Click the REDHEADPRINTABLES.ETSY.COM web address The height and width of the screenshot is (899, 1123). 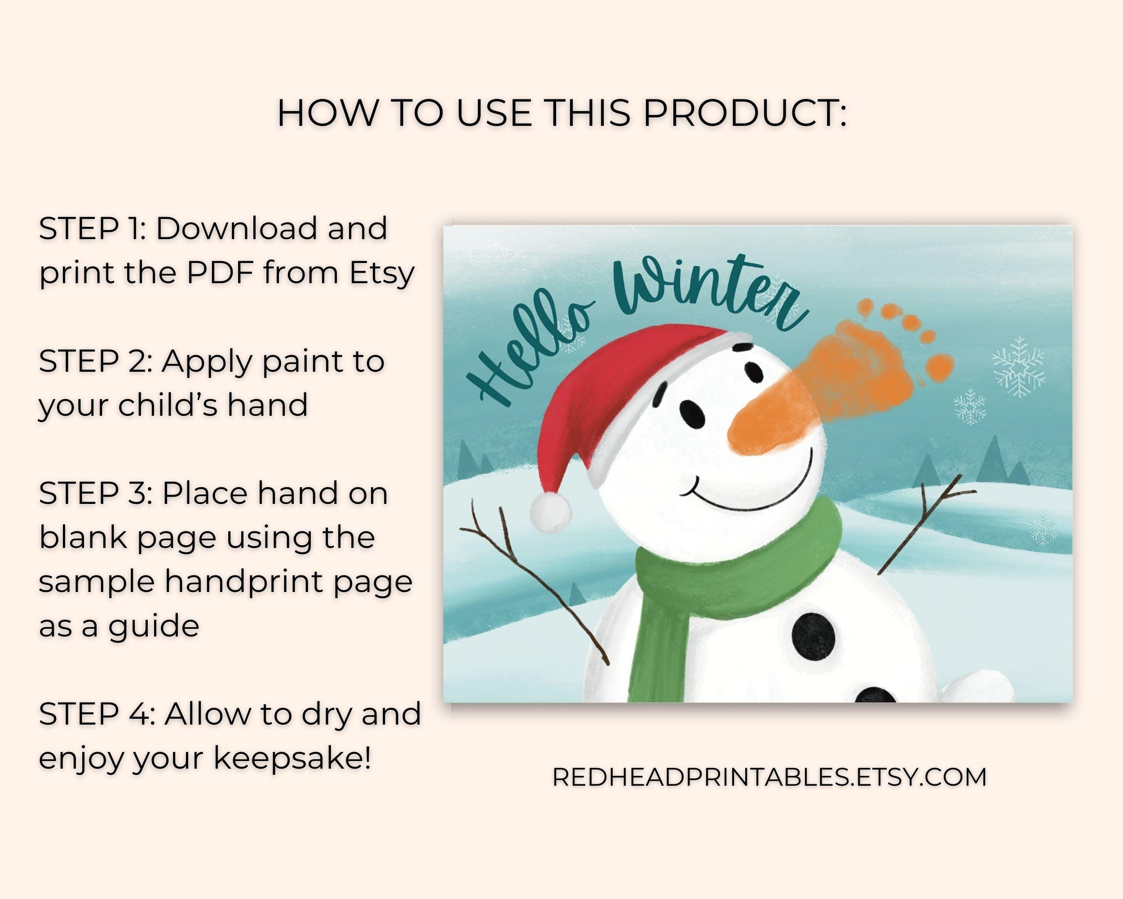[x=769, y=777]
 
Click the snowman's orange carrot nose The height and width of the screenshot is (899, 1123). [x=760, y=425]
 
